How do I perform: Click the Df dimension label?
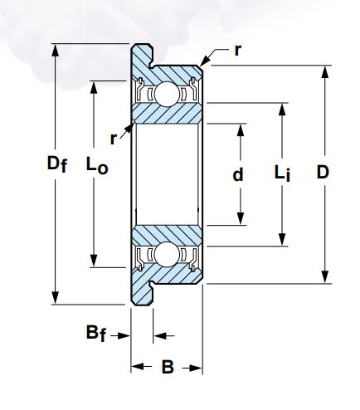tap(57, 164)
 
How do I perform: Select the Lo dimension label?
tap(97, 165)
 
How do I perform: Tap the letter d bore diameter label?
tap(238, 174)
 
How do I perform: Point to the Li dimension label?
tap(282, 173)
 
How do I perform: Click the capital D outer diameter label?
tap(323, 173)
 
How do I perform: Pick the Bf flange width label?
tap(96, 333)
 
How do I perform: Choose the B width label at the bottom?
tap(168, 367)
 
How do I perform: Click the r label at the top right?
tap(237, 51)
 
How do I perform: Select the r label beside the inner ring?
tap(114, 139)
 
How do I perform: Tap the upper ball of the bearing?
tap(166, 94)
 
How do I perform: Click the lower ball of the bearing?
tap(166, 255)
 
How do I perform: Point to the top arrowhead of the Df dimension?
tap(56, 50)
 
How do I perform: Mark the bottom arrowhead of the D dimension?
tap(325, 276)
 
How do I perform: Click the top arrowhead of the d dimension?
tap(241, 130)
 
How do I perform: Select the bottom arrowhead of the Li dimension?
tap(282, 239)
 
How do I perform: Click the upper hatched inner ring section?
tap(168, 113)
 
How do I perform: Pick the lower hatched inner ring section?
tap(168, 236)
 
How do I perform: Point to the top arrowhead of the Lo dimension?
tap(94, 88)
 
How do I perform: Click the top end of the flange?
tap(142, 45)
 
